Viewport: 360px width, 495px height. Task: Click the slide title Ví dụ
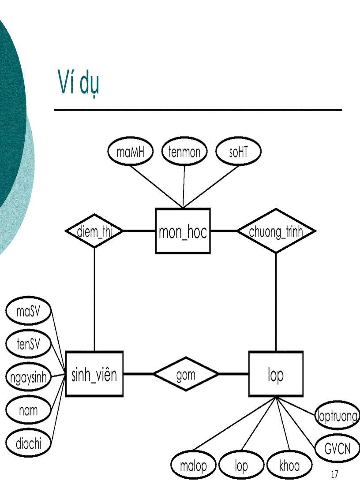point(78,82)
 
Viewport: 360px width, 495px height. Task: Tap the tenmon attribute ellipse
point(184,152)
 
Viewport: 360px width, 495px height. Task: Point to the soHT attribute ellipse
point(238,152)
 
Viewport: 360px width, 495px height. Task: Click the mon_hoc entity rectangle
point(183,231)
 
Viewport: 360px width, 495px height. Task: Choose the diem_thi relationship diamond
point(94,231)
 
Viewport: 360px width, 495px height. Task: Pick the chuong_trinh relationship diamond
point(276,231)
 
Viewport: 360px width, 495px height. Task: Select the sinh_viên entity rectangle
point(94,374)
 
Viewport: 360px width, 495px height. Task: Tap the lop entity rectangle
point(276,374)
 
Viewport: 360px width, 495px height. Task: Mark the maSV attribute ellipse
point(28,311)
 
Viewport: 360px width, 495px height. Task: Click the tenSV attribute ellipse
point(28,344)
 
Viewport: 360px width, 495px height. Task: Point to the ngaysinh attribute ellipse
point(28,377)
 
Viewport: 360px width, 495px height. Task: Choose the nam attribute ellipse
point(28,410)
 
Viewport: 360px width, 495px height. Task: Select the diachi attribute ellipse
point(28,443)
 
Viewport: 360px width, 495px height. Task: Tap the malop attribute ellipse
point(193,465)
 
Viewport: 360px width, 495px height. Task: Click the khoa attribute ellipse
point(289,465)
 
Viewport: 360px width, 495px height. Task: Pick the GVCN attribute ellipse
point(337,449)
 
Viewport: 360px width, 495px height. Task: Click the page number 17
point(334,475)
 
